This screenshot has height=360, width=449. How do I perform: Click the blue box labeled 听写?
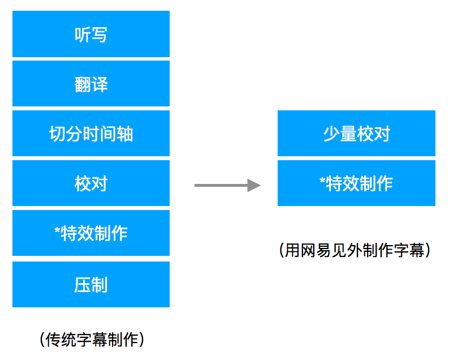click(x=90, y=35)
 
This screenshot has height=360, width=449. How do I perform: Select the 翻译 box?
click(x=90, y=84)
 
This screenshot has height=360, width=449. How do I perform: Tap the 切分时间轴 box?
click(x=90, y=134)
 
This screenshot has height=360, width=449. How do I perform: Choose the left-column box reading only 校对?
click(x=90, y=183)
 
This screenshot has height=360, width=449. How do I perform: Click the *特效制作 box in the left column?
click(x=90, y=233)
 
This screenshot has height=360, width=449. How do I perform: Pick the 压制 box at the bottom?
click(x=90, y=284)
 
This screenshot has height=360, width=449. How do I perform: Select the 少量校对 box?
click(x=356, y=134)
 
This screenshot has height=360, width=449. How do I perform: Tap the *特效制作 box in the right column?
click(x=356, y=183)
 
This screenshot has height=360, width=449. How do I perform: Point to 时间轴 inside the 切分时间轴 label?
click(x=108, y=134)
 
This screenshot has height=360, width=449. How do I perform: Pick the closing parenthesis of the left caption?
click(x=141, y=339)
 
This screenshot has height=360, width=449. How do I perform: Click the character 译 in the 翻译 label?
click(x=100, y=84)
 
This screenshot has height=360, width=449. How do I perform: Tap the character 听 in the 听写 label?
click(x=82, y=35)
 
